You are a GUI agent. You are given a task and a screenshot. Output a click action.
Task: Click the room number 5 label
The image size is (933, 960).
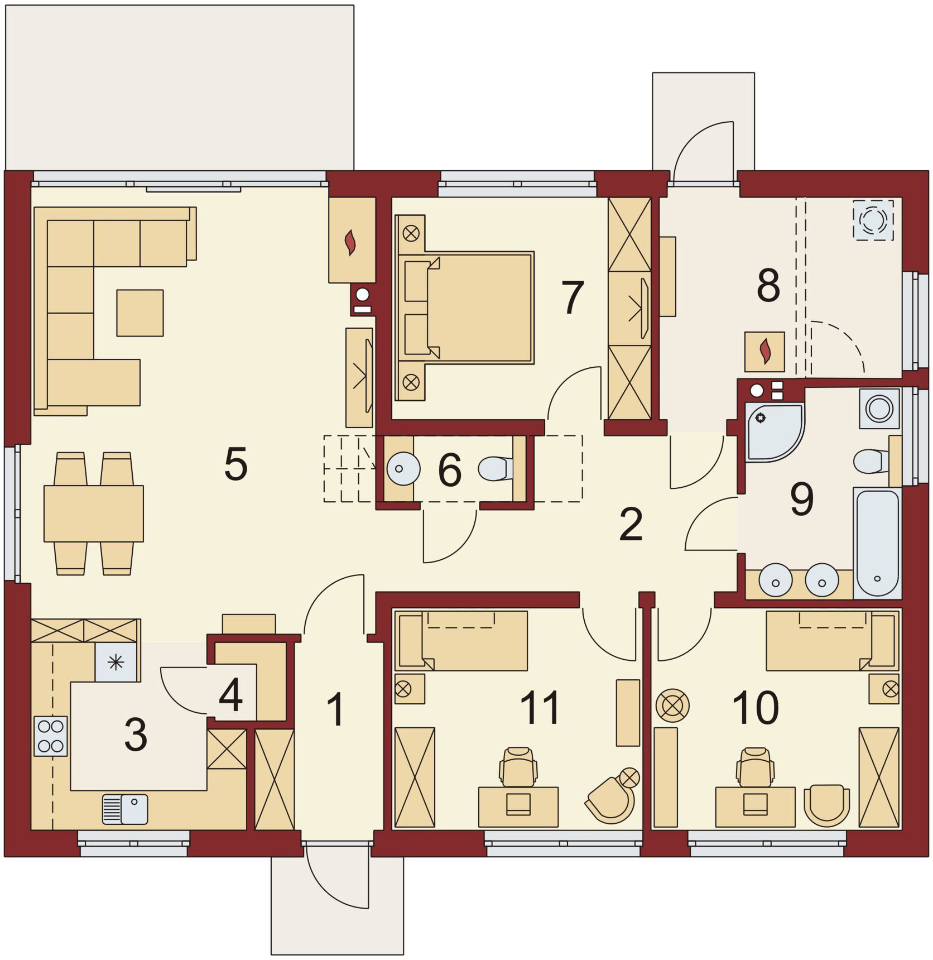pyautogui.click(x=235, y=464)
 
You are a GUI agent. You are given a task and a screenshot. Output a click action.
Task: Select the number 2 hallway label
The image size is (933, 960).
pyautogui.click(x=631, y=525)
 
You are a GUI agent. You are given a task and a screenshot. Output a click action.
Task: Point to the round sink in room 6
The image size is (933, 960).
pyautogui.click(x=403, y=468)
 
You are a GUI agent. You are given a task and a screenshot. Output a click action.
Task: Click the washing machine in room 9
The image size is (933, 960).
pyautogui.click(x=879, y=408)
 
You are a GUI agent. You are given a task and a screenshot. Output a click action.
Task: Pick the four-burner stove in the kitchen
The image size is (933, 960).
pyautogui.click(x=51, y=736)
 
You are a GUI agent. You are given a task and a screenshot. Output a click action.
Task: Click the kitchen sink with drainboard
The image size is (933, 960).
pyautogui.click(x=125, y=809)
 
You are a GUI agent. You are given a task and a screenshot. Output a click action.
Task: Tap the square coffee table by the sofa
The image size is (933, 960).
pyautogui.click(x=140, y=313)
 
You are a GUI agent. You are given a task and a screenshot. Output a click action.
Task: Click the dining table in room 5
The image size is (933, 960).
pyautogui.click(x=94, y=513)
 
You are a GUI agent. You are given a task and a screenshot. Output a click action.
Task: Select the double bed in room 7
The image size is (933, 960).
pyautogui.click(x=465, y=308)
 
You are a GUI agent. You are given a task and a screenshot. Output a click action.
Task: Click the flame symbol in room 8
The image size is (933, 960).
pyautogui.click(x=766, y=352)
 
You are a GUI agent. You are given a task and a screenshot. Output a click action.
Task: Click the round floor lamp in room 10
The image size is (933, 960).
pyautogui.click(x=672, y=705)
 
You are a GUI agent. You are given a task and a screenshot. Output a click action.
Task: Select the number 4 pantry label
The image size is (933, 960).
pyautogui.click(x=230, y=695)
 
